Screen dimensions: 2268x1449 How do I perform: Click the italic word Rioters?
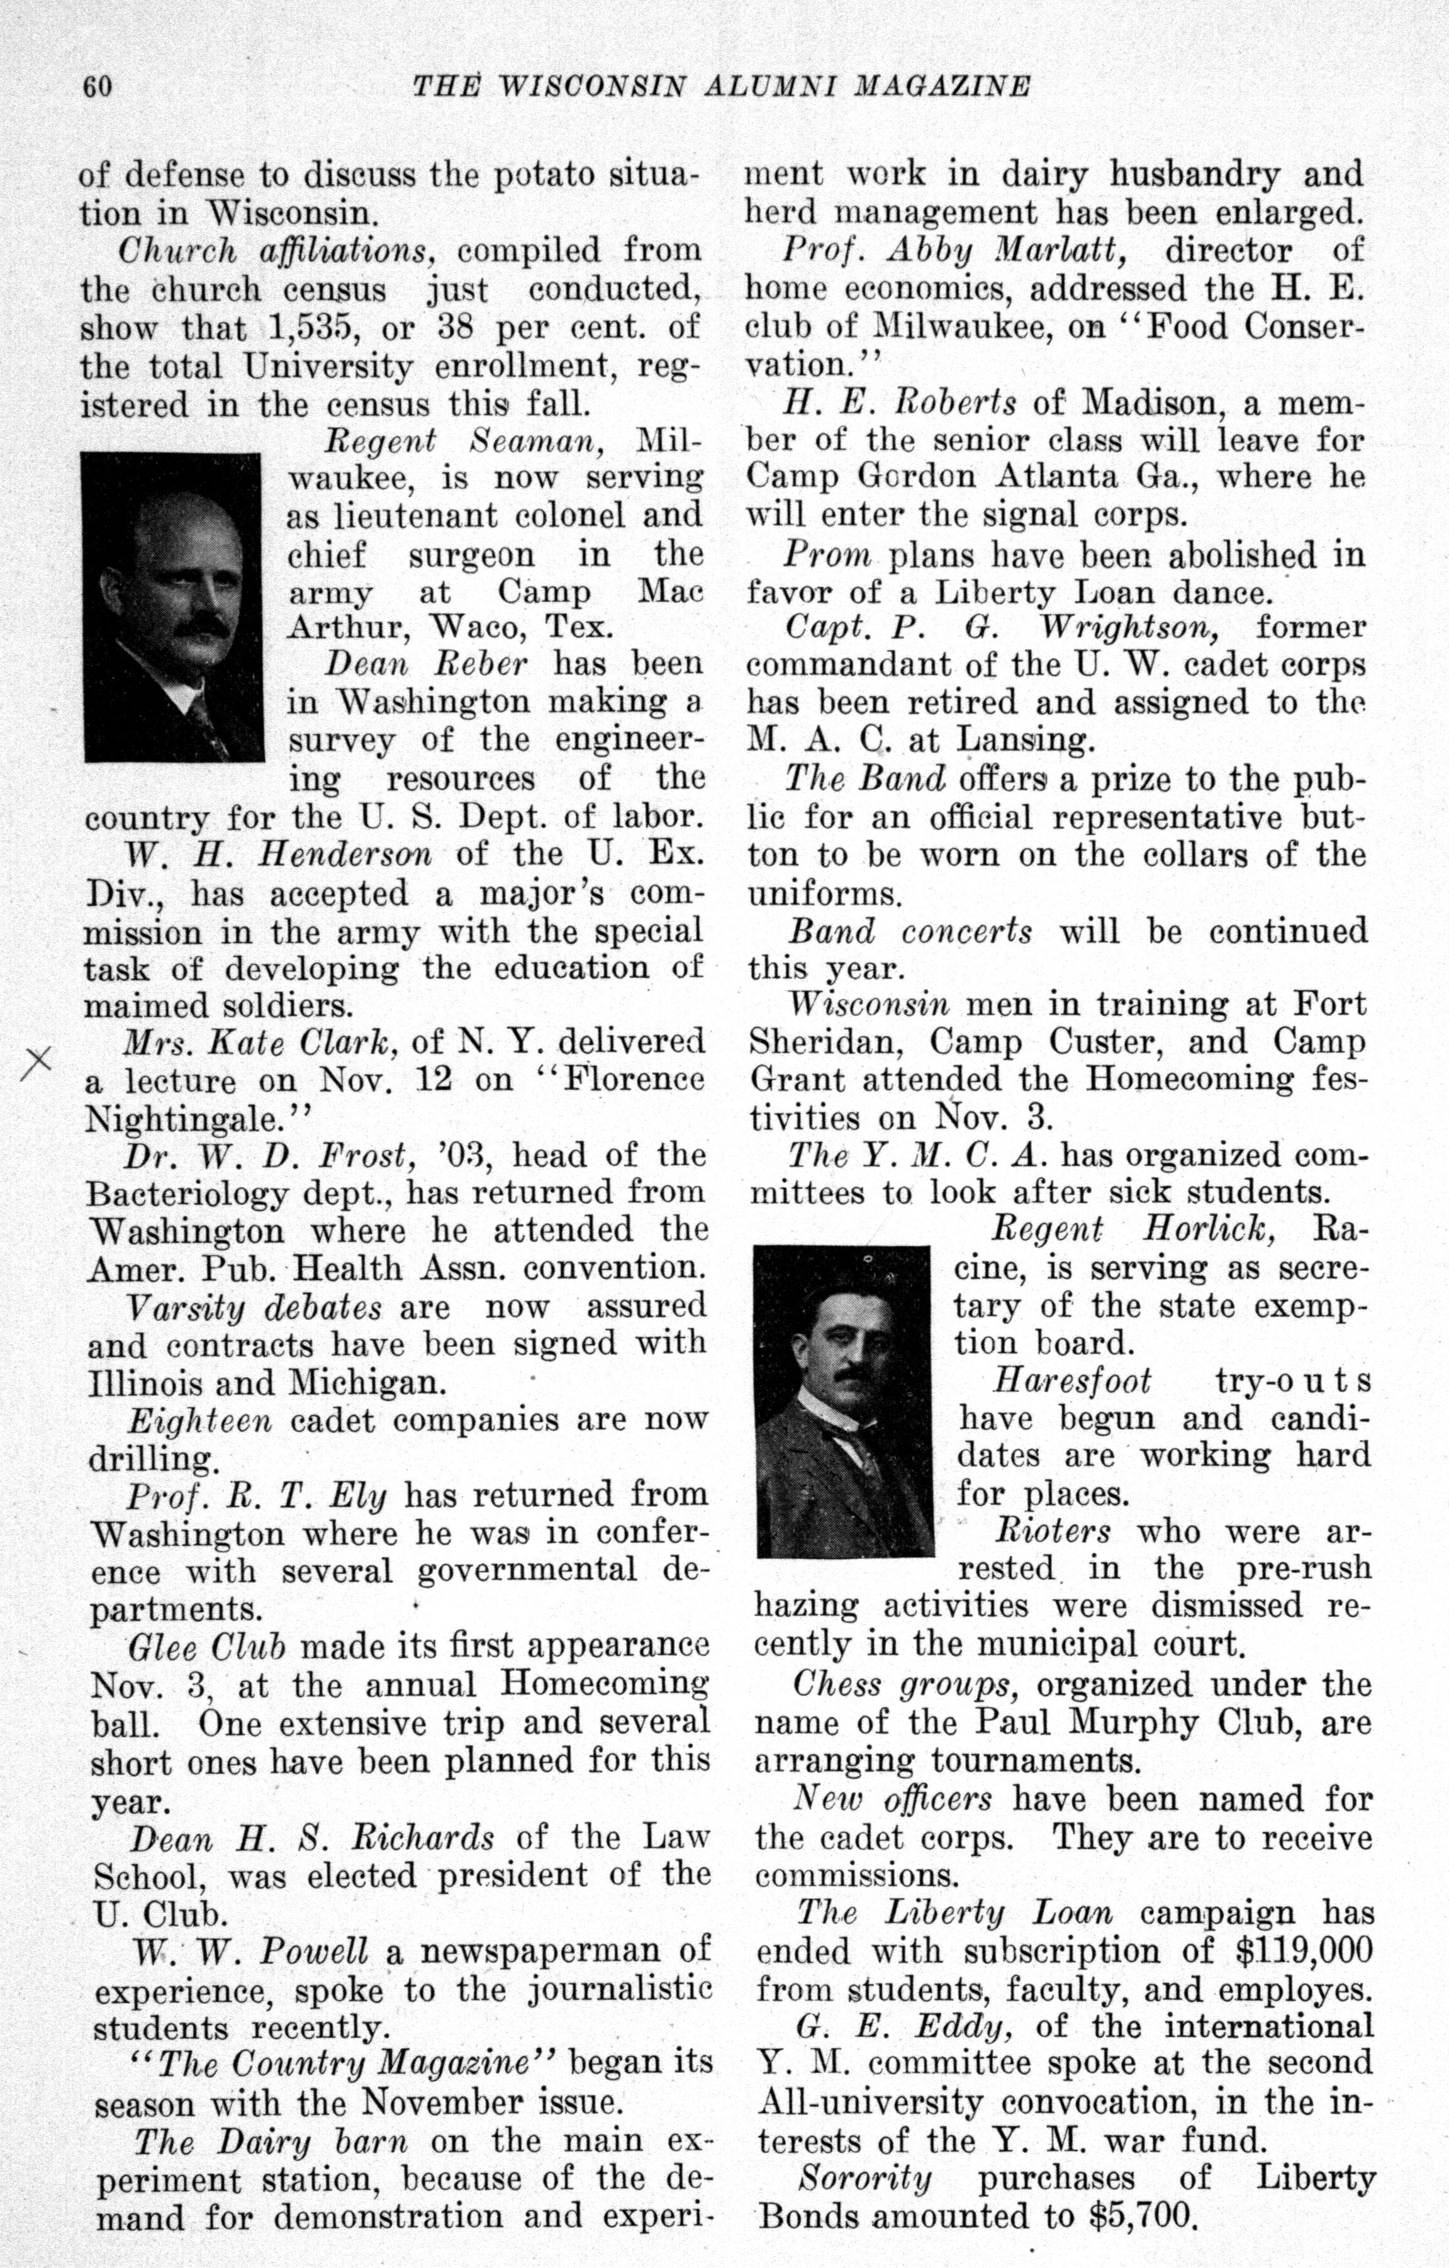(1053, 1531)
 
